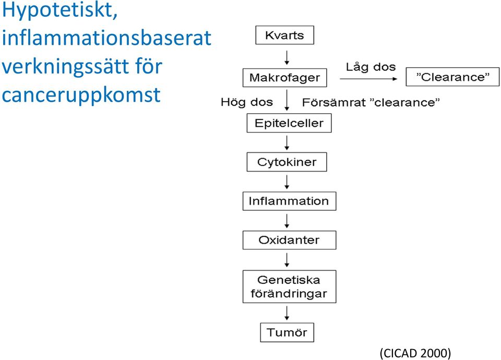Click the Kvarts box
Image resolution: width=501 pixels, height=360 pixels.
point(284,35)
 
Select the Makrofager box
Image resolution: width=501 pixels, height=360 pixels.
point(285,78)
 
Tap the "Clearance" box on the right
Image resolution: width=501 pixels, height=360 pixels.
point(452,77)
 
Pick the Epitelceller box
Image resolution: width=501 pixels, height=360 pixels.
point(289,123)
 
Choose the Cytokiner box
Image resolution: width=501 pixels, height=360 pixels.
point(287,162)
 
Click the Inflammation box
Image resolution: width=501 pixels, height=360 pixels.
point(289,201)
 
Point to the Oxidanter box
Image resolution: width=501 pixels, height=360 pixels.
point(289,240)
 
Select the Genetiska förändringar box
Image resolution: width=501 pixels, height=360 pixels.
point(289,286)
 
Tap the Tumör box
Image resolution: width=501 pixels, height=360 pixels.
point(287,332)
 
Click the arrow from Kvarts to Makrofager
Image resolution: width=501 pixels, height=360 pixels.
point(287,57)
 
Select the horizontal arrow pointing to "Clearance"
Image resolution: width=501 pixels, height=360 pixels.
point(368,79)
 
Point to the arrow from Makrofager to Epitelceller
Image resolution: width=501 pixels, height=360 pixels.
point(287,100)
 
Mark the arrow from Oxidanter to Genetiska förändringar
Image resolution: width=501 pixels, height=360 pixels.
point(287,260)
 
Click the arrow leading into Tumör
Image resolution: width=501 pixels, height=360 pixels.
point(287,313)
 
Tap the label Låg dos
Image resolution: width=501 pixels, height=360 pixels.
point(371,67)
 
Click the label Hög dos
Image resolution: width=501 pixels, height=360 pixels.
point(247,102)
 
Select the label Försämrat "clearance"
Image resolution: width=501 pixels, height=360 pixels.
point(371,102)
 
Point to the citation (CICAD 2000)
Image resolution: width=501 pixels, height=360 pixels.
point(415,353)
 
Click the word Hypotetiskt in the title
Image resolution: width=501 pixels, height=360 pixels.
point(59,11)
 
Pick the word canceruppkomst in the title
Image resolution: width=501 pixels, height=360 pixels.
point(81,94)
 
